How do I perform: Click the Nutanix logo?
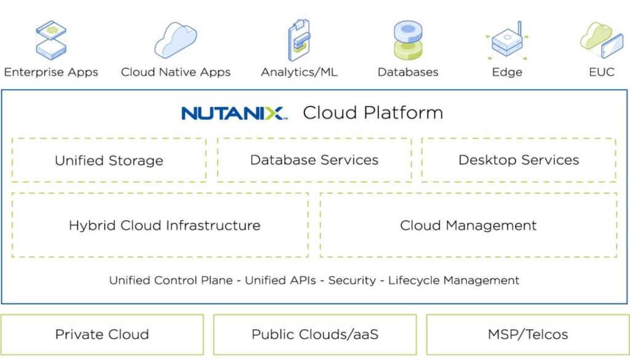tap(233, 113)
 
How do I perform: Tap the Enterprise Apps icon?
tap(51, 40)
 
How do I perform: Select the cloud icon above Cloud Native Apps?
tap(175, 40)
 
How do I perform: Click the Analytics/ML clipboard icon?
tap(299, 41)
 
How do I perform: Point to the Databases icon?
tap(408, 41)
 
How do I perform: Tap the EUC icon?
tap(601, 41)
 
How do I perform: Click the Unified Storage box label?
tap(109, 161)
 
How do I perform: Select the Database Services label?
tap(314, 161)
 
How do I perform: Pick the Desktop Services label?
tap(519, 161)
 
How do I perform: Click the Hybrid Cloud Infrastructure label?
tap(164, 225)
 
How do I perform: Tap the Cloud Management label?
tap(468, 225)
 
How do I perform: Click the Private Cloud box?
tap(102, 335)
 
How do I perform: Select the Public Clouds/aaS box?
tap(314, 335)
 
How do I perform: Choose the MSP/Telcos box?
tap(527, 335)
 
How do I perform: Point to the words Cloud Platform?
tap(373, 113)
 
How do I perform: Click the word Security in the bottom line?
tap(351, 281)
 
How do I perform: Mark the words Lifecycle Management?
tap(453, 281)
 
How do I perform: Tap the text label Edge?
tap(507, 72)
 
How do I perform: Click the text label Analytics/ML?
tap(299, 72)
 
